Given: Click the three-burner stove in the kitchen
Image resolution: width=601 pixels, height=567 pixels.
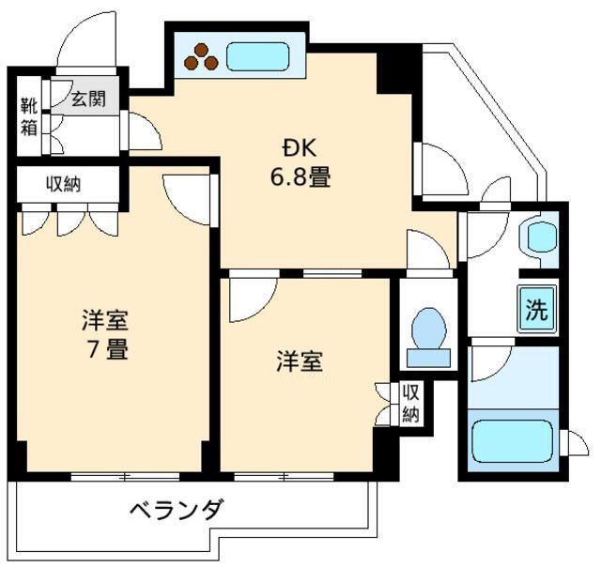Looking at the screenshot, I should point(201,58).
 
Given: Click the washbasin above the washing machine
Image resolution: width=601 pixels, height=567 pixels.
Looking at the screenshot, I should point(541,236).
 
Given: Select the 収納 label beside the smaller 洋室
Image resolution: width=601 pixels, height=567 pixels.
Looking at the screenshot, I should point(410,404).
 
